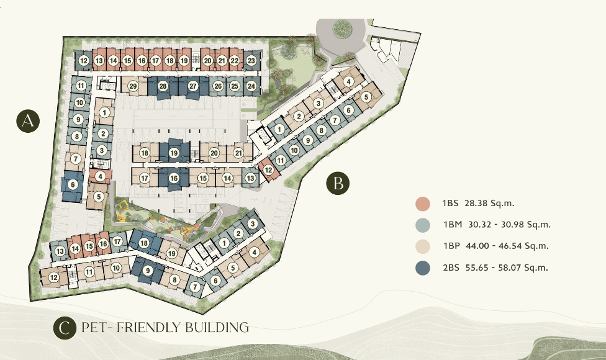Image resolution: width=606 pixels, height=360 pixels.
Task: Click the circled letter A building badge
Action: (28, 121)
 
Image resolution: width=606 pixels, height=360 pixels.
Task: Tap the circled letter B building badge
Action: (338, 182)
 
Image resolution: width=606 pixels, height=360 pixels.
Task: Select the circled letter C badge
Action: (65, 328)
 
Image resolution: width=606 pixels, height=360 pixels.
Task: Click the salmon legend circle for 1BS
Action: (423, 204)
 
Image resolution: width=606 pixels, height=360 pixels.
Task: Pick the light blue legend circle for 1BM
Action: (423, 225)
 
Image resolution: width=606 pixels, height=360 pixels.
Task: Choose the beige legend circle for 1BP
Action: (423, 246)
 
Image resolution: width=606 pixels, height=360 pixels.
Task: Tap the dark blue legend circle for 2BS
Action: (423, 268)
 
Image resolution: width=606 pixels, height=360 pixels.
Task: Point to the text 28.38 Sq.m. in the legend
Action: (489, 203)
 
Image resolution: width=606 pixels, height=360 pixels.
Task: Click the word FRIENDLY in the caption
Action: (144, 328)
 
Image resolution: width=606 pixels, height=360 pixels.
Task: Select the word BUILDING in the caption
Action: (217, 328)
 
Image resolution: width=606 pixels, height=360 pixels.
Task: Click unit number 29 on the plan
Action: (133, 86)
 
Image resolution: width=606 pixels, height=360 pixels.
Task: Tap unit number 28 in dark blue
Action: (163, 86)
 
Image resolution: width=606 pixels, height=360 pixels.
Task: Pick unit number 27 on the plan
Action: (193, 86)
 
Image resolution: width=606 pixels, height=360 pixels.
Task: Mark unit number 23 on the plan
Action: (251, 61)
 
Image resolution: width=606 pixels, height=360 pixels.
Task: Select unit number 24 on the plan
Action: (251, 86)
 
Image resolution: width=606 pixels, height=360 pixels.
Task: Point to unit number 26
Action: (218, 86)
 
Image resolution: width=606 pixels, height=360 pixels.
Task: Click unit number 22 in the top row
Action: (235, 61)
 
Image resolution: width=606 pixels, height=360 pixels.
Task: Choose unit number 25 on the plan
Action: (235, 86)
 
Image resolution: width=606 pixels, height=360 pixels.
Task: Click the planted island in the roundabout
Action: (342, 28)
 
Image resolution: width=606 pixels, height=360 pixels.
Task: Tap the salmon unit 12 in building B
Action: (269, 170)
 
